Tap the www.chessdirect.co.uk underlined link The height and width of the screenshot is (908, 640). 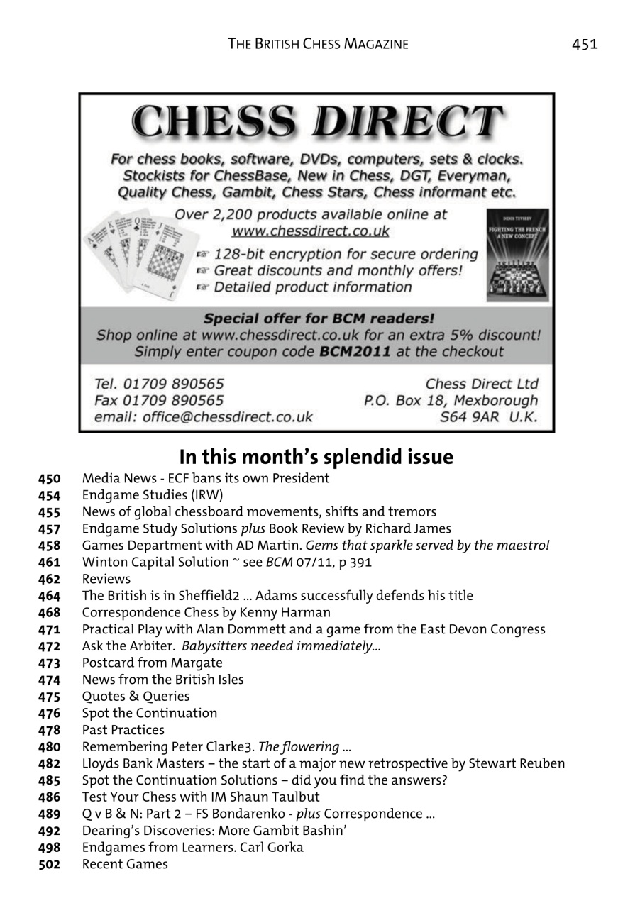[311, 231]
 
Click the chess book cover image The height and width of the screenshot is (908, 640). [517, 255]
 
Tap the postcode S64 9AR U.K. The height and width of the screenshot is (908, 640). [489, 417]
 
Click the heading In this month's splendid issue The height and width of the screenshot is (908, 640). [316, 457]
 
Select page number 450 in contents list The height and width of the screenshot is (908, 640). [49, 479]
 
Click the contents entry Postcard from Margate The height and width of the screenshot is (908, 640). [152, 663]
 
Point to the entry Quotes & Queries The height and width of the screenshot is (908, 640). [136, 697]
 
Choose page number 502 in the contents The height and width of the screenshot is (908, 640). [49, 865]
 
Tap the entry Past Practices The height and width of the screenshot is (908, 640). [123, 730]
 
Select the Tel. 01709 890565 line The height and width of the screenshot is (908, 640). [160, 384]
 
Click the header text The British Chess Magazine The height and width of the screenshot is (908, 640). [318, 44]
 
